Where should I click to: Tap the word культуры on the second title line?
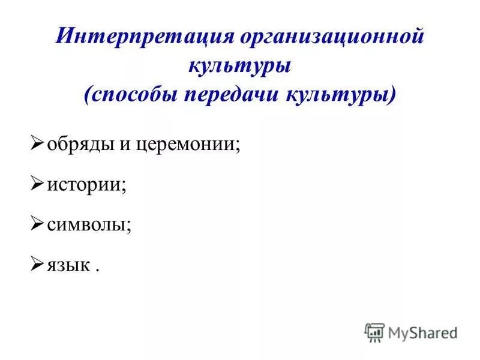coord(240,65)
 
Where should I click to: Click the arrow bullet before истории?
coord(37,184)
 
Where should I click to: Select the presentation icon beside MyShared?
coord(374,332)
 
